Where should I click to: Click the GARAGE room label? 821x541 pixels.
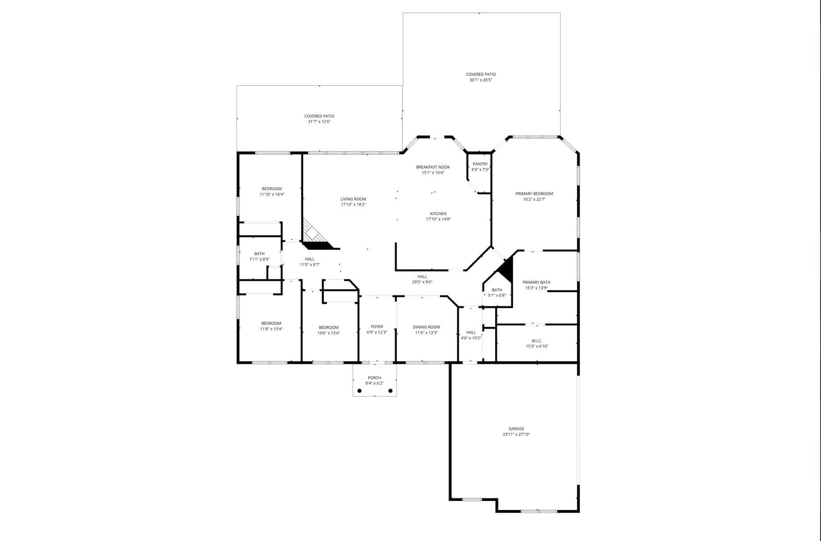[x=516, y=429]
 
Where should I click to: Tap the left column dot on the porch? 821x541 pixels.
[x=360, y=391]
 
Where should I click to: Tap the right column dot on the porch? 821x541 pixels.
[x=390, y=391]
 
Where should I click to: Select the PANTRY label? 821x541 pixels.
[x=480, y=164]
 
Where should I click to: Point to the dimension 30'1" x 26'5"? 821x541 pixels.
[x=481, y=80]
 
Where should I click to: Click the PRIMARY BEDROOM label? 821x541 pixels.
[x=534, y=194]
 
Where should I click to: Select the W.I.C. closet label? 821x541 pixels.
[x=537, y=341]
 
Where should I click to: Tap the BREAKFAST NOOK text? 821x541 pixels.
[x=433, y=167]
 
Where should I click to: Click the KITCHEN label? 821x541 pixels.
[x=438, y=214]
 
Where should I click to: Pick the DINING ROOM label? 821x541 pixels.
[x=426, y=327]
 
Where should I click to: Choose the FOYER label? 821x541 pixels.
[x=377, y=327]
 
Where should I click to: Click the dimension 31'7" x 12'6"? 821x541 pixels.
[x=319, y=122]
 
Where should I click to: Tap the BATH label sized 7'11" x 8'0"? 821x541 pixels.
[x=259, y=254]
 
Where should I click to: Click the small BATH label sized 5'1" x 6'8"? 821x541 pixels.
[x=497, y=290]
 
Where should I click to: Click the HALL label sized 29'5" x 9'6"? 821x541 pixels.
[x=422, y=277]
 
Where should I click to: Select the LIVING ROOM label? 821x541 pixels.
[x=353, y=199]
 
